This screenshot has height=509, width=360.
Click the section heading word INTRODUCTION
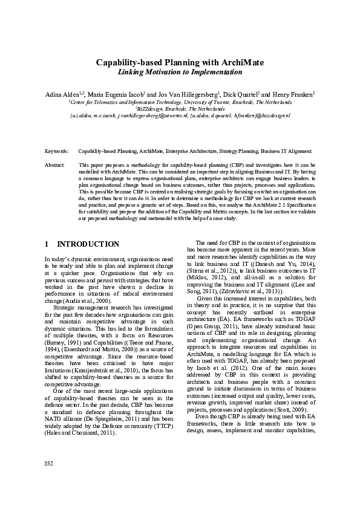click(88, 244)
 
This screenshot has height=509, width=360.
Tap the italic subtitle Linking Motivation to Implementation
click(180, 72)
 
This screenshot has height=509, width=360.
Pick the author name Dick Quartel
click(241, 95)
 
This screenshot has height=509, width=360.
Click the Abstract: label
click(56, 164)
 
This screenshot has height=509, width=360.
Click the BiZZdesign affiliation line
click(180, 108)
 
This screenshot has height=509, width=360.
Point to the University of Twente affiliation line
click(180, 102)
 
